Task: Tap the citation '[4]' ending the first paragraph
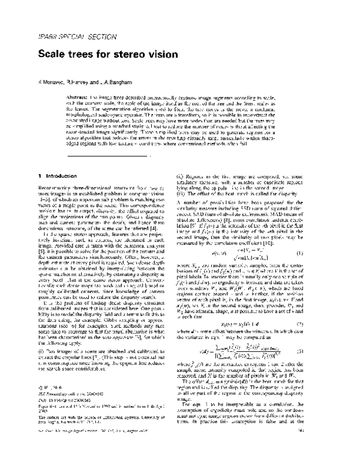tap(155, 237)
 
